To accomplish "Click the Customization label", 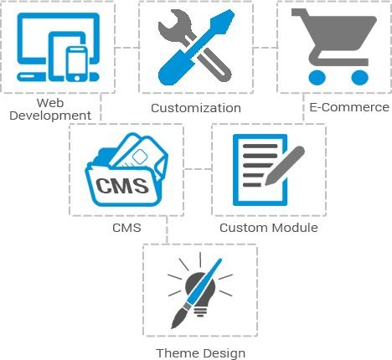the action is tap(196, 108).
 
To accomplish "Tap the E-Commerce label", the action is tap(349, 107).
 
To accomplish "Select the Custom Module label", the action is tap(269, 228).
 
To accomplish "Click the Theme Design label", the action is tap(201, 353).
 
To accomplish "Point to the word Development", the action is tap(50, 116).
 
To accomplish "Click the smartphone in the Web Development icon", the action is tap(77, 64).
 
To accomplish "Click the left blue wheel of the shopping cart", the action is tap(317, 77).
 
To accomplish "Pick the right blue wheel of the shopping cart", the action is tap(359, 77).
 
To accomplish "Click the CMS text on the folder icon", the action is tap(122, 186).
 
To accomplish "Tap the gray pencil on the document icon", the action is tap(285, 166).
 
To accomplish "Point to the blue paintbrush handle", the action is tap(204, 281).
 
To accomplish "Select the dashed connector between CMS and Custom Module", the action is tap(198, 169).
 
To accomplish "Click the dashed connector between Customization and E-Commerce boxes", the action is tap(266, 48).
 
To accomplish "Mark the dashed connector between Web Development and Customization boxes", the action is tap(127, 48).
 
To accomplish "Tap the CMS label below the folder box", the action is tap(126, 228).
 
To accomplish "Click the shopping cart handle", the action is tap(300, 13).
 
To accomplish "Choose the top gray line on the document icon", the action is tap(260, 146).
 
